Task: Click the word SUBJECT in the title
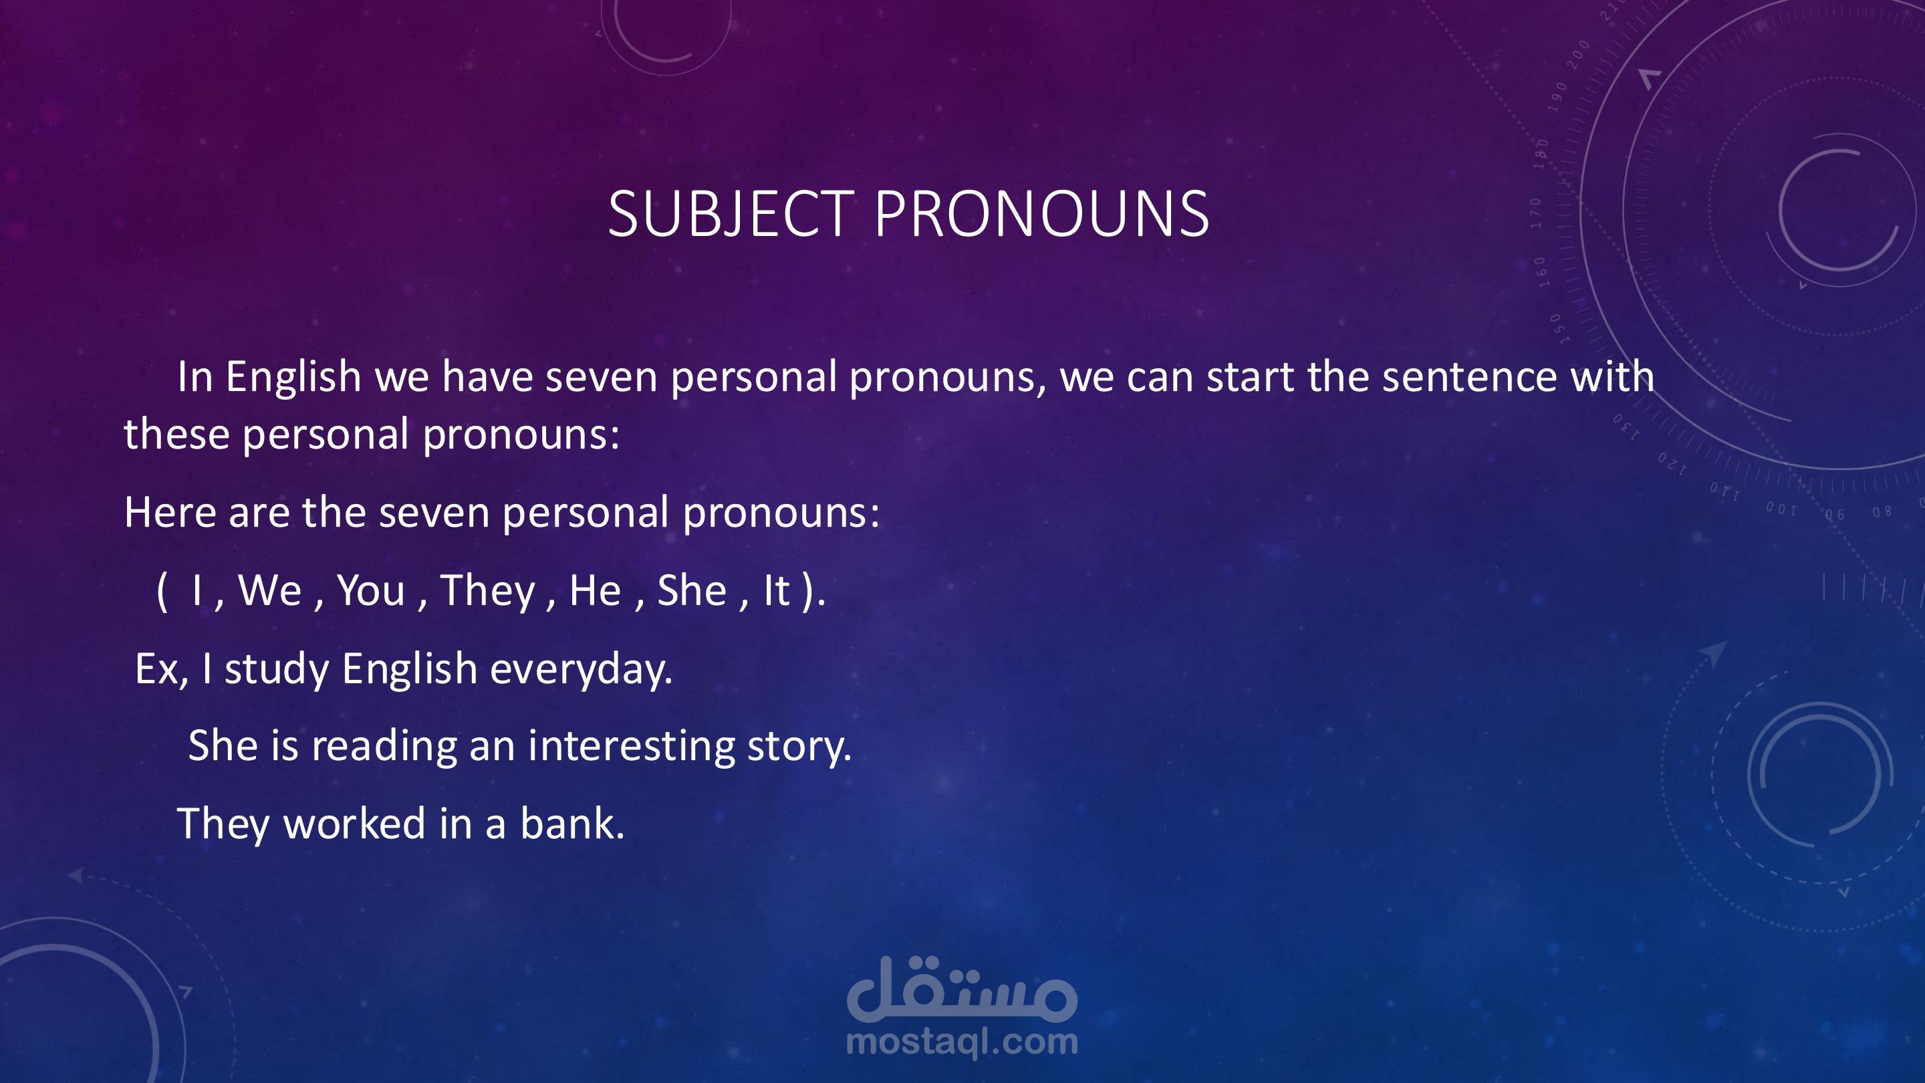pos(731,214)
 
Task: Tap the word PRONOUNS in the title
pos(1042,214)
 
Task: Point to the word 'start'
pos(1250,376)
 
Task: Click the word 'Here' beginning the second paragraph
pos(170,513)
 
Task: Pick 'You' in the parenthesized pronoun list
pos(372,590)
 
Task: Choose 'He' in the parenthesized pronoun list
pos(595,590)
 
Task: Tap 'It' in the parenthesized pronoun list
pos(777,590)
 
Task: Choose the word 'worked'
pos(355,824)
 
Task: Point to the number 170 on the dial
pos(1537,213)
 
